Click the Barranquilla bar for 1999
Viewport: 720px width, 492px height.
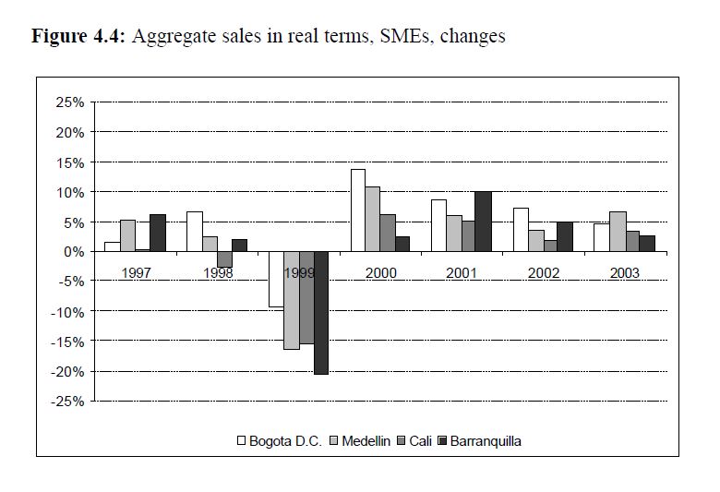click(321, 313)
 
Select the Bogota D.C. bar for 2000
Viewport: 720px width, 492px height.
click(357, 210)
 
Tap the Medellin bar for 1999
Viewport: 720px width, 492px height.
click(291, 300)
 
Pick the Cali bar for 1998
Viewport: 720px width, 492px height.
click(224, 259)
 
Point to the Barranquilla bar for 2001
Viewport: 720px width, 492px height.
click(483, 222)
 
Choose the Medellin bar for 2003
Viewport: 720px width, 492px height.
click(618, 232)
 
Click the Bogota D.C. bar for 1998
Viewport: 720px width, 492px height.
click(194, 232)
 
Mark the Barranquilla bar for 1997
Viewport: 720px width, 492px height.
click(157, 233)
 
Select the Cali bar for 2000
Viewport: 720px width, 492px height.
click(388, 233)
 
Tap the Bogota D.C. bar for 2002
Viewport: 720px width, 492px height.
click(521, 230)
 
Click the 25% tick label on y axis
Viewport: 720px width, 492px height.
click(70, 102)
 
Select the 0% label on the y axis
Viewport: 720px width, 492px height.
click(75, 252)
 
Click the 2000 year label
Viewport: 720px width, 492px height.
click(381, 273)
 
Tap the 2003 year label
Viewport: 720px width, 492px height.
click(625, 273)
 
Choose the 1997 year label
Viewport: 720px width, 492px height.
click(137, 273)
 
